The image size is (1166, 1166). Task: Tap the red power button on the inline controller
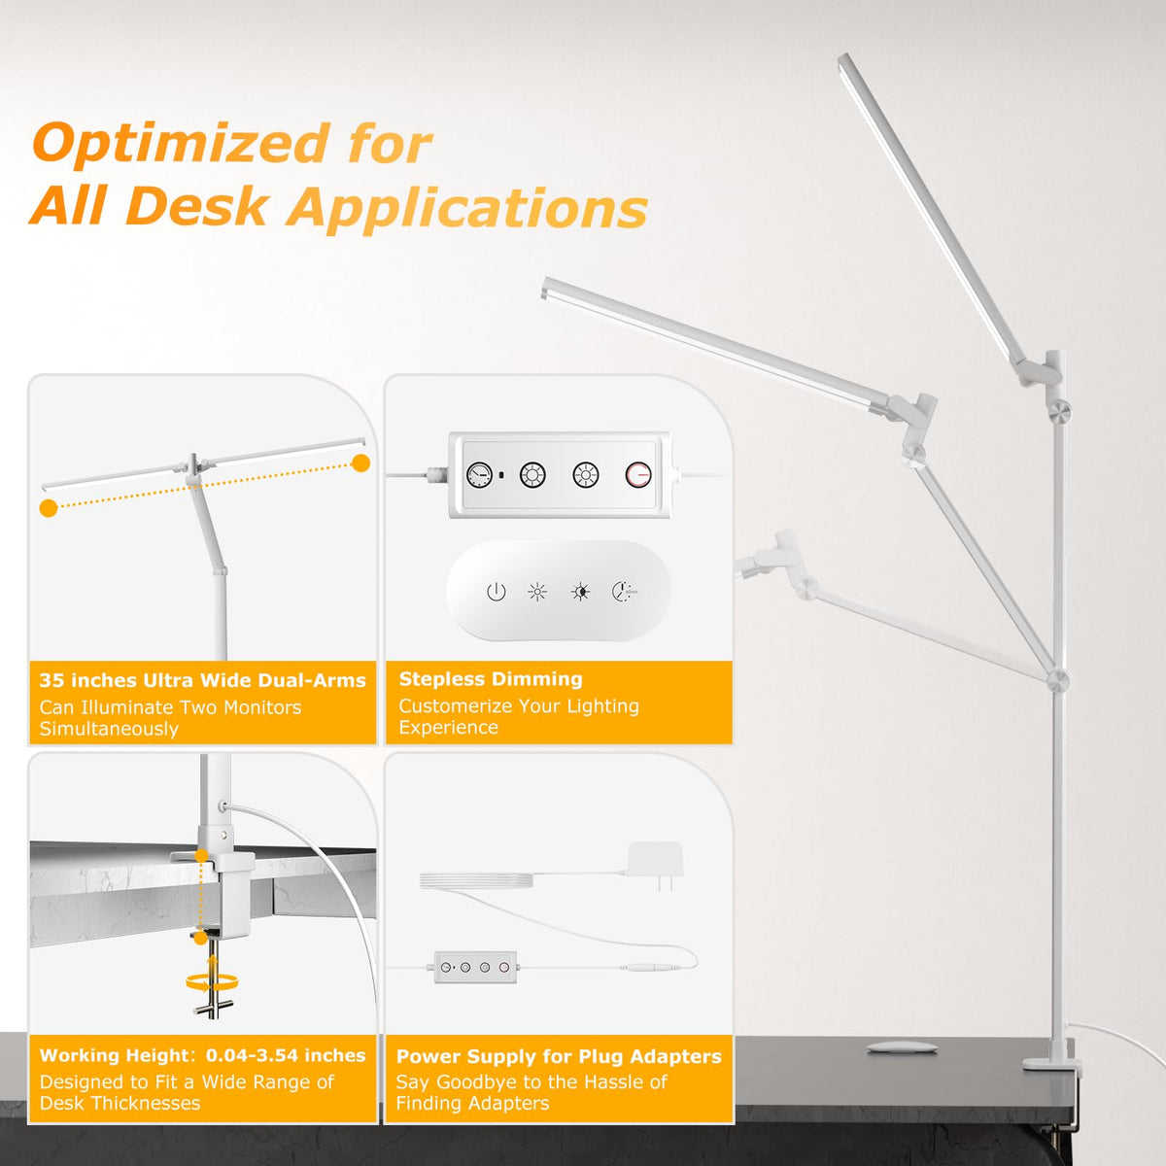click(x=638, y=475)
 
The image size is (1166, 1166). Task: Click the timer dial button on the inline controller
click(x=479, y=475)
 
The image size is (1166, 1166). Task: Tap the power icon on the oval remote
click(x=497, y=592)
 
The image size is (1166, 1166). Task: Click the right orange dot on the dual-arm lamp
click(x=361, y=464)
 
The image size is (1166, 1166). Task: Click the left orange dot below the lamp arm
click(x=49, y=508)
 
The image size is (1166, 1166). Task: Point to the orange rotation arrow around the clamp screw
click(x=212, y=981)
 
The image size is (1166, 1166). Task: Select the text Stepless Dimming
click(x=491, y=679)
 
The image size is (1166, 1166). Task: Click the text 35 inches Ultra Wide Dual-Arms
click(x=203, y=681)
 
